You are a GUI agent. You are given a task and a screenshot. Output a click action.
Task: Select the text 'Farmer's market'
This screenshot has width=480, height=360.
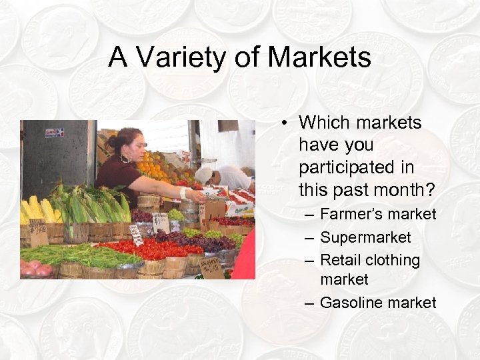[x=377, y=215]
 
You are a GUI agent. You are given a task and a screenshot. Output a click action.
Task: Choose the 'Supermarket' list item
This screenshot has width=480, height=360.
[x=365, y=237]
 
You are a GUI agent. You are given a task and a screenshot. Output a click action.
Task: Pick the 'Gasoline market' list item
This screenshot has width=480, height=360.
[x=377, y=303]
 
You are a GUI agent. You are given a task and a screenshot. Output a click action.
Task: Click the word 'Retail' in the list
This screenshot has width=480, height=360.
[x=341, y=260]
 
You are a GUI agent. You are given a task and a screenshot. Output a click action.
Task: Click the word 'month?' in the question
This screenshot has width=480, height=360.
[x=406, y=190]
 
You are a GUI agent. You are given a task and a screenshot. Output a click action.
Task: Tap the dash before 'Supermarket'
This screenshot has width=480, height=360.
[x=308, y=238]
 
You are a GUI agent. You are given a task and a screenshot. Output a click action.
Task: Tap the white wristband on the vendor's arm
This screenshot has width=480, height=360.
[x=183, y=193]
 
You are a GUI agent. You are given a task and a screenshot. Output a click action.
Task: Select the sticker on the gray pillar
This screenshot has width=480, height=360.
[x=55, y=133]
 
